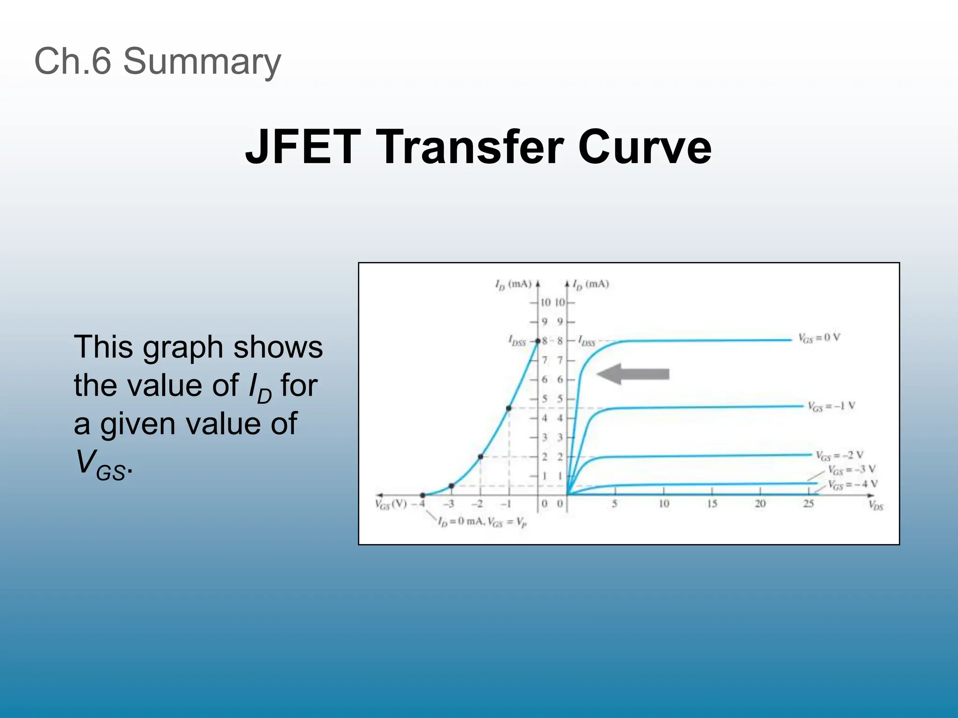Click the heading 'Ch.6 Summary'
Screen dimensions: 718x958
coord(158,61)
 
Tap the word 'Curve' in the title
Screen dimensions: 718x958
coord(645,147)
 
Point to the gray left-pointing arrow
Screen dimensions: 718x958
coord(633,374)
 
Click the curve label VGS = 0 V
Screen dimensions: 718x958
coord(819,338)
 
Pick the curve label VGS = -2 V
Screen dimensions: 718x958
coord(840,455)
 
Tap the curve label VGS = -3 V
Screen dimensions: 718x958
coord(851,469)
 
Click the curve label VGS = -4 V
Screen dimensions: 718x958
coord(852,484)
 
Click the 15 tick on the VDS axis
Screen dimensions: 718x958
coord(712,504)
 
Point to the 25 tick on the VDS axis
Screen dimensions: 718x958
coord(808,504)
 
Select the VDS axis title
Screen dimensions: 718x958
coord(876,505)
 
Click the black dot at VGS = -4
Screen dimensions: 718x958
coord(422,495)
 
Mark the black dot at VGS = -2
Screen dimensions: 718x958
coord(480,456)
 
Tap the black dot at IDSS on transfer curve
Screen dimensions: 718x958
coord(538,341)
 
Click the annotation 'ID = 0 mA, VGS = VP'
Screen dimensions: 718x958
coord(482,522)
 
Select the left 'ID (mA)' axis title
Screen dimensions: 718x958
coord(513,284)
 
